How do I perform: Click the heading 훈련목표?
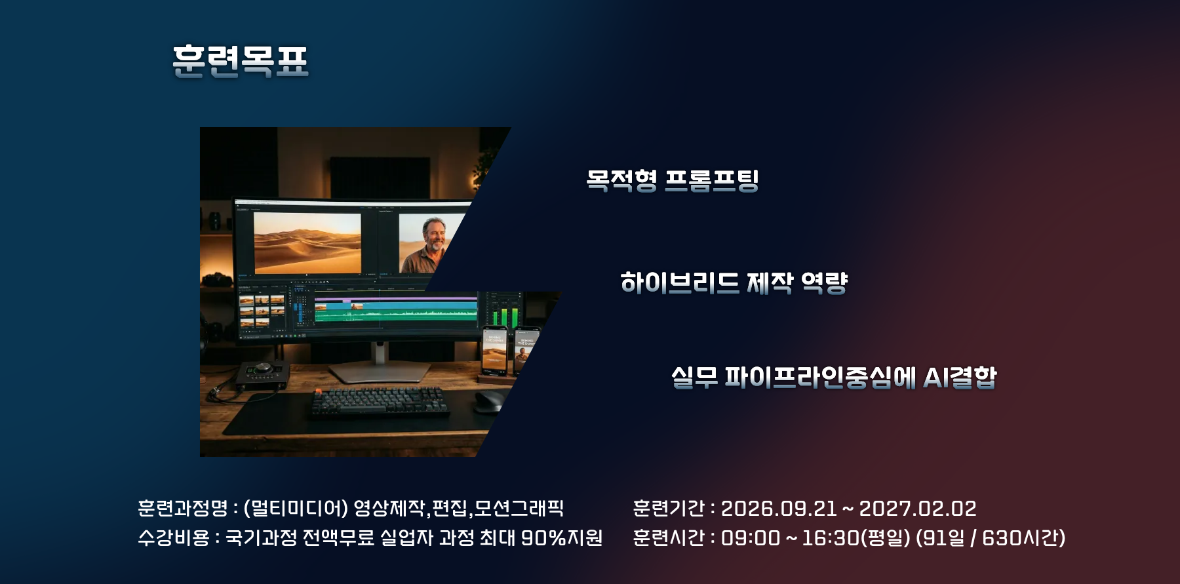241,61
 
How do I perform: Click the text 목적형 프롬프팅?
673,180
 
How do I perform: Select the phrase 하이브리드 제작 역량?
734,282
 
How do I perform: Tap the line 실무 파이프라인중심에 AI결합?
834,377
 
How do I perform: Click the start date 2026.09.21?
779,508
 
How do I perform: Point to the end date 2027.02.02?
918,508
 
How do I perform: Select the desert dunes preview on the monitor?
307,243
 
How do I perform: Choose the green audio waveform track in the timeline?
396,313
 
